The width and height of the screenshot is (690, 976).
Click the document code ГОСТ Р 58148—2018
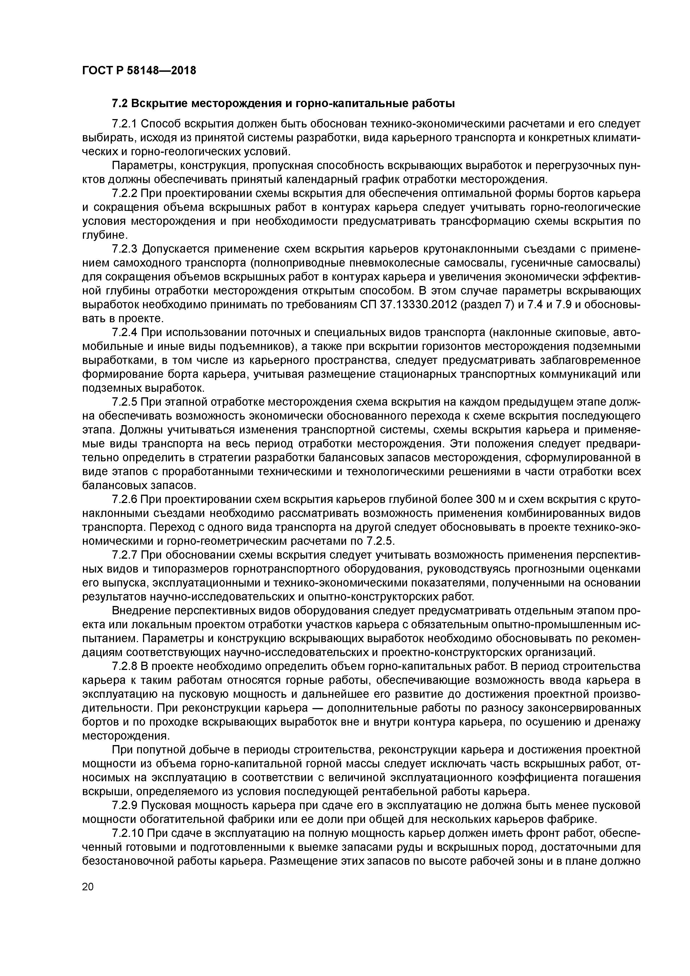click(139, 71)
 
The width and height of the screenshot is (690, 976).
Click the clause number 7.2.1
click(124, 124)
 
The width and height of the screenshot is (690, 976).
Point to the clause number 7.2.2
click(124, 193)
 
